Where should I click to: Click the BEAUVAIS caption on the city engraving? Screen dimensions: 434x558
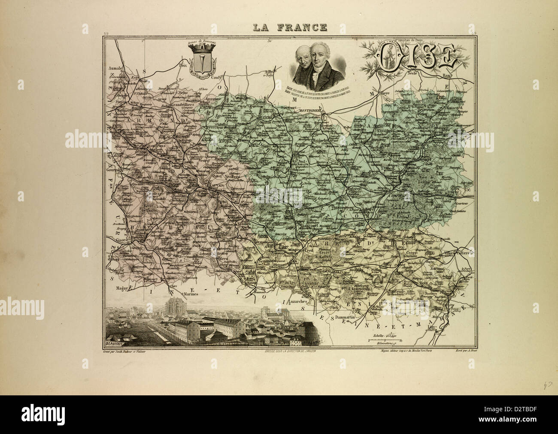(115, 343)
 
